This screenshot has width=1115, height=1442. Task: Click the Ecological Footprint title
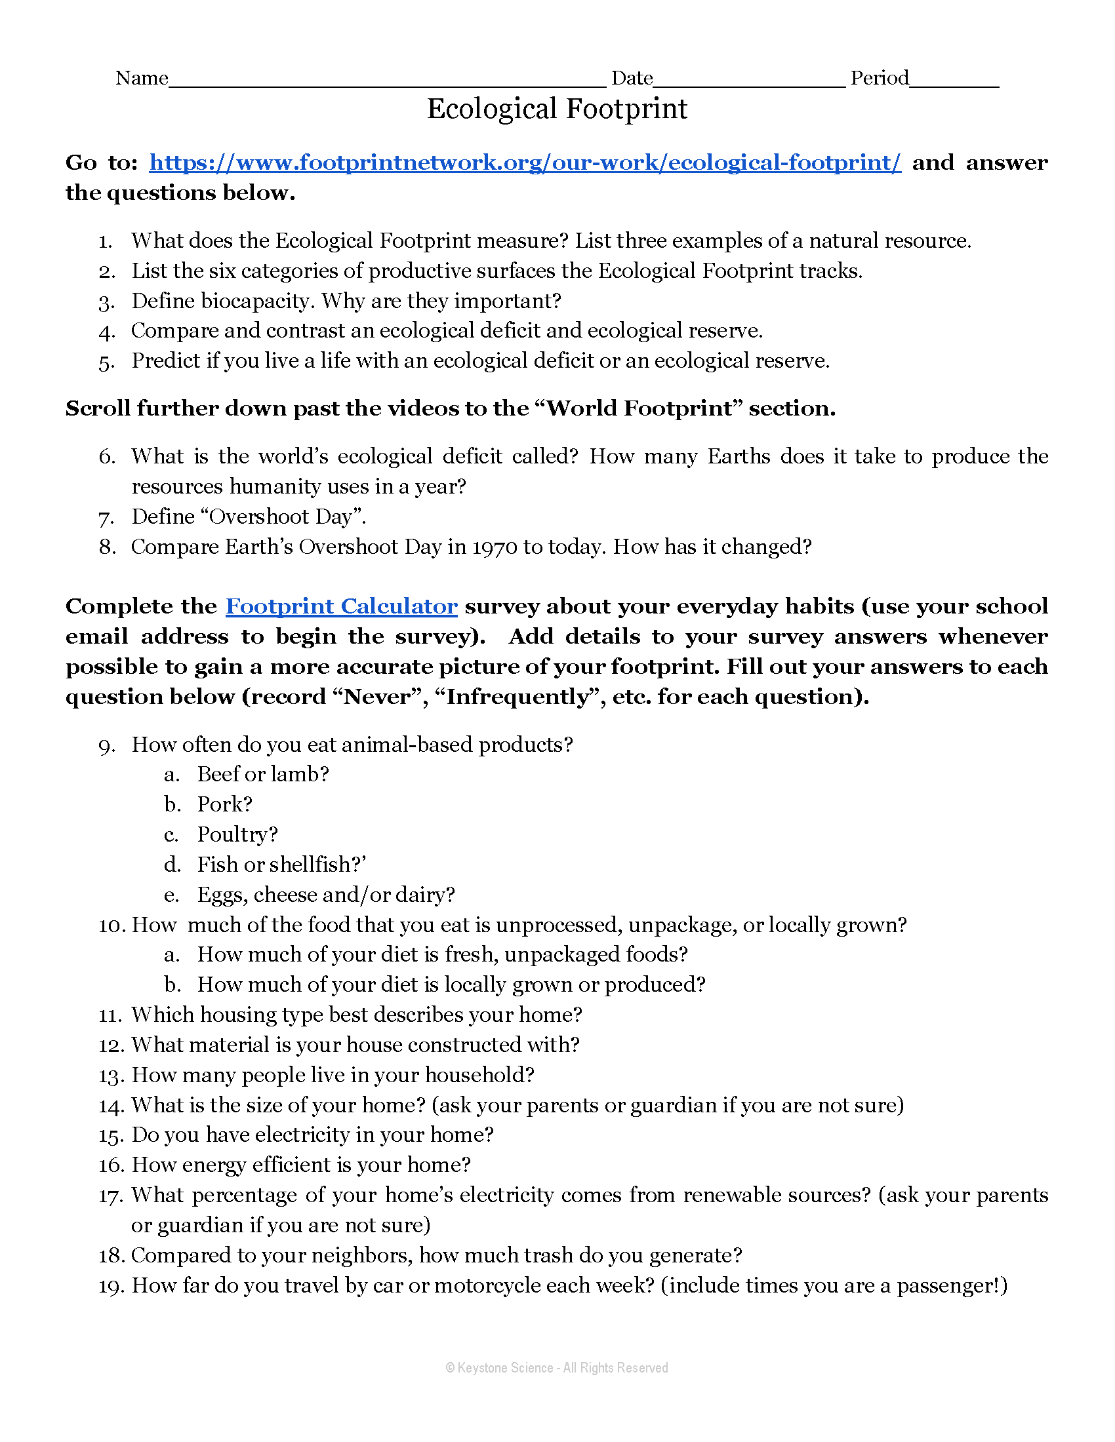point(557,109)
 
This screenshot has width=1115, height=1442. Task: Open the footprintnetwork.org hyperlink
point(525,163)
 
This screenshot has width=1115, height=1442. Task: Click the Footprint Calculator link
point(341,606)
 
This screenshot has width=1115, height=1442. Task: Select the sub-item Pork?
point(224,804)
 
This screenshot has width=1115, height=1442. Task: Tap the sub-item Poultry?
point(237,834)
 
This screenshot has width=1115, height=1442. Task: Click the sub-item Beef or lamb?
point(263,774)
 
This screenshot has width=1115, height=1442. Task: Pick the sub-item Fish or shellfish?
point(281,865)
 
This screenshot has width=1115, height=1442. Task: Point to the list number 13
point(109,1076)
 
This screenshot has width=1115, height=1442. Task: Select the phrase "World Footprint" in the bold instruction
point(639,409)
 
